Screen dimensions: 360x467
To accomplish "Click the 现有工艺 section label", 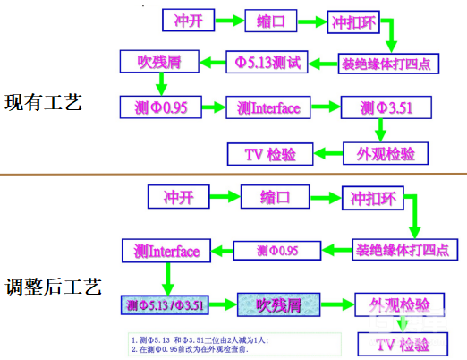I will tap(43, 101).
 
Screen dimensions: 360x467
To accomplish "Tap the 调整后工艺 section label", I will tap(52, 287).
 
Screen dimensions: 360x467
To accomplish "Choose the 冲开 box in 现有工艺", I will tap(191, 19).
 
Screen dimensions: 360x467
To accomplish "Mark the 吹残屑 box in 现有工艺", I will tap(159, 62).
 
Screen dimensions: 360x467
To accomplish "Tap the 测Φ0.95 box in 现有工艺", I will tap(164, 108).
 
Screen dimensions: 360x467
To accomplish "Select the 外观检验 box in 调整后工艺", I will tap(400, 304).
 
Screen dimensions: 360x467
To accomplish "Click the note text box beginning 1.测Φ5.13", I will tap(233, 344).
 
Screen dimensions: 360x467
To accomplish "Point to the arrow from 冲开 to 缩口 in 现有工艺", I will tap(232, 19).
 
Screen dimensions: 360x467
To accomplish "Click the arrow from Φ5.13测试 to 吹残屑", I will tap(211, 62).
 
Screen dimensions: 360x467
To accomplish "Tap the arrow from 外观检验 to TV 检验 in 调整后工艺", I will tap(400, 324).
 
